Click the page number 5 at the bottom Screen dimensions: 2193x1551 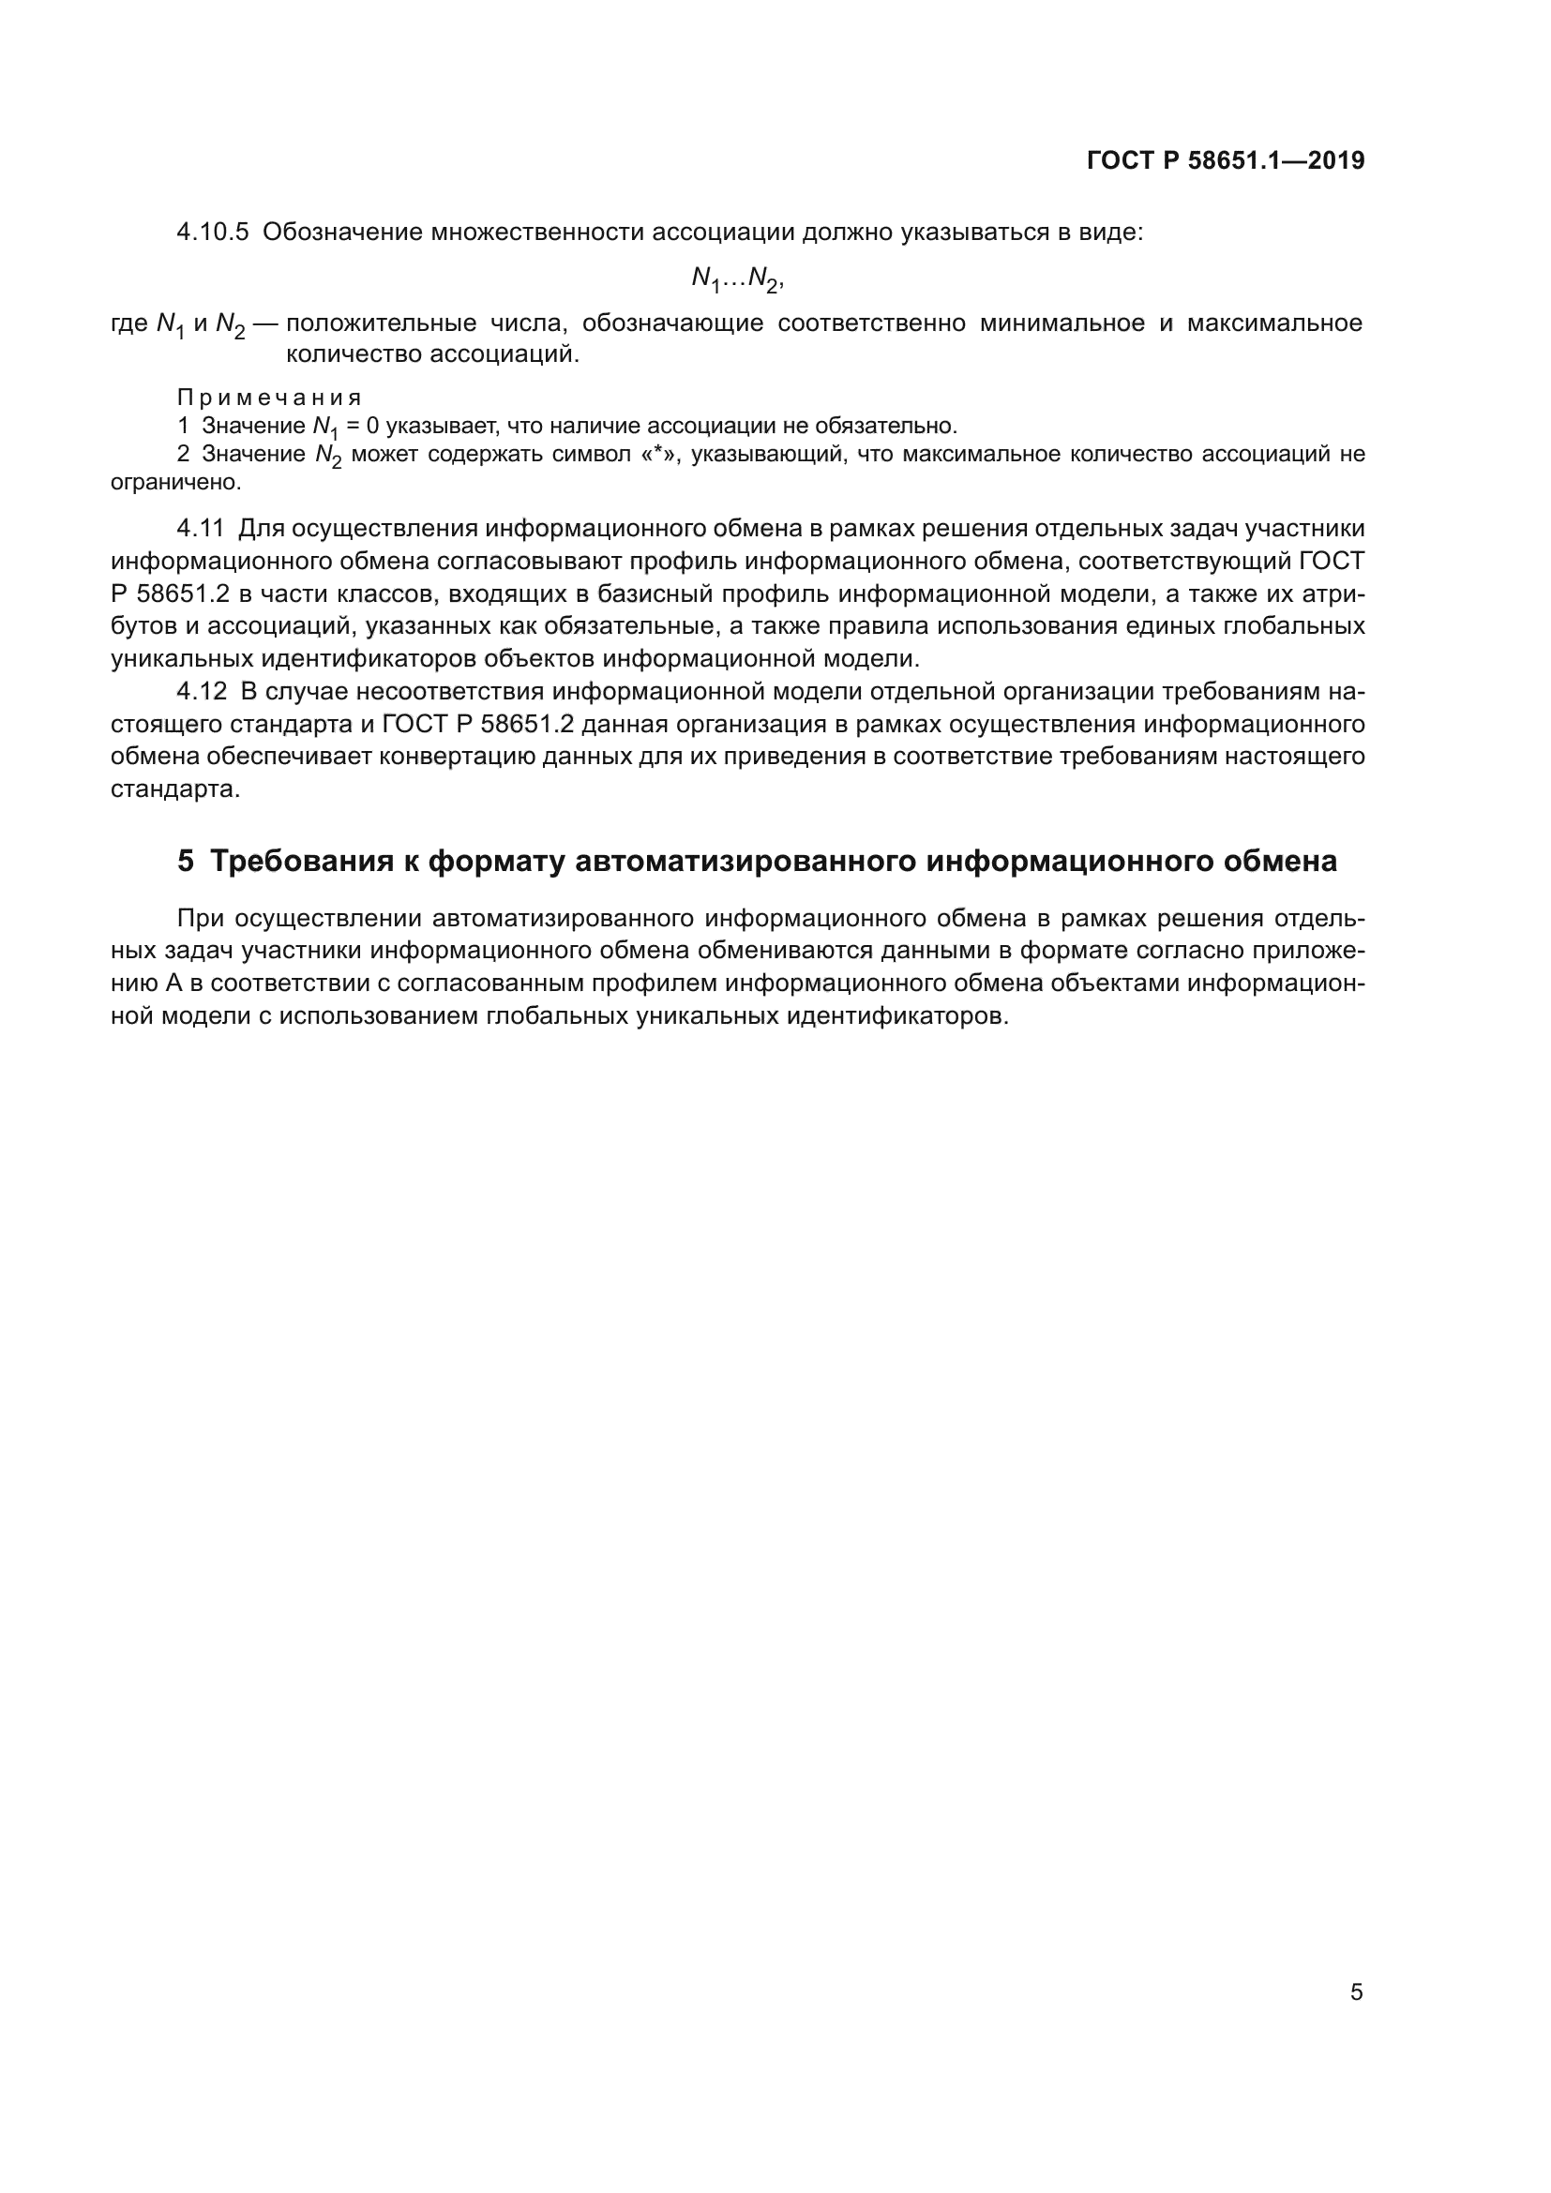1356,1992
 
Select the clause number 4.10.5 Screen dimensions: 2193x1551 212,233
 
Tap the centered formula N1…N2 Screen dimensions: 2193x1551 736,278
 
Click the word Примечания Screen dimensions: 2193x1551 269,398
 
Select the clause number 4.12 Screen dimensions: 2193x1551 202,691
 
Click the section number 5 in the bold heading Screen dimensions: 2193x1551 186,862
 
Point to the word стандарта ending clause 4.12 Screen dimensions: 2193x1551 174,789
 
